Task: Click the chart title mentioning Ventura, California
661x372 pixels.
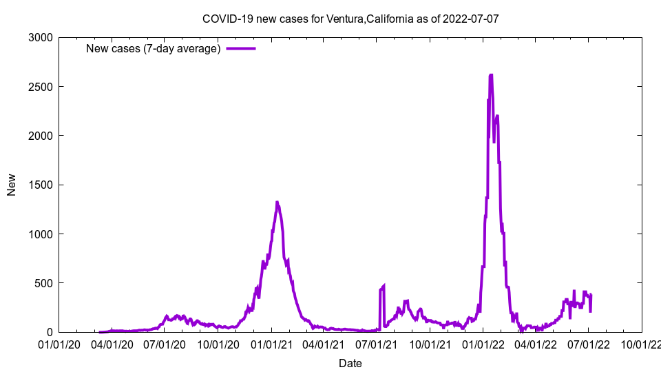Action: click(350, 19)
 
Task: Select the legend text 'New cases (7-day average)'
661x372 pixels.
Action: click(153, 49)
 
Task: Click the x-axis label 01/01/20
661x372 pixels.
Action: click(59, 343)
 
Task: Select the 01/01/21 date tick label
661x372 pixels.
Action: click(271, 343)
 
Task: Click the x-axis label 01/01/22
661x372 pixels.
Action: click(483, 343)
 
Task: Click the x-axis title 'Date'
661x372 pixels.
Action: click(350, 363)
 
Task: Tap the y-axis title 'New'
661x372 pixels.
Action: click(12, 185)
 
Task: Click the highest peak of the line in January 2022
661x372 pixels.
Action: click(491, 75)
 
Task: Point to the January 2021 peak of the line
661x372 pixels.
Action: click(277, 203)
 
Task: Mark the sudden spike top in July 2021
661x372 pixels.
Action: click(384, 285)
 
